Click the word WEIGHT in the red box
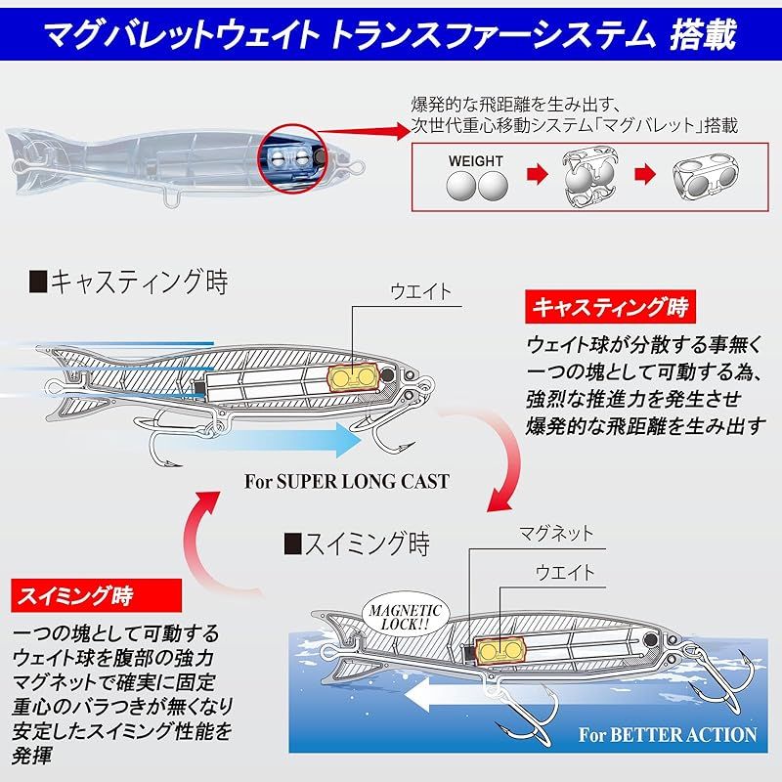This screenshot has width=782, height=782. click(x=476, y=161)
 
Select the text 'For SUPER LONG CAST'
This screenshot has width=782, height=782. click(x=347, y=481)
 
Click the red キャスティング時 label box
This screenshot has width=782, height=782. click(x=610, y=307)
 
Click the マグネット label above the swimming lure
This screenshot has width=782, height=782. click(x=555, y=534)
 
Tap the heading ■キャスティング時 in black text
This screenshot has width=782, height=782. click(x=127, y=283)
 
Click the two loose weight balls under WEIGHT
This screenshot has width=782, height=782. click(x=476, y=185)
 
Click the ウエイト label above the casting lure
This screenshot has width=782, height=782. click(x=420, y=290)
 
